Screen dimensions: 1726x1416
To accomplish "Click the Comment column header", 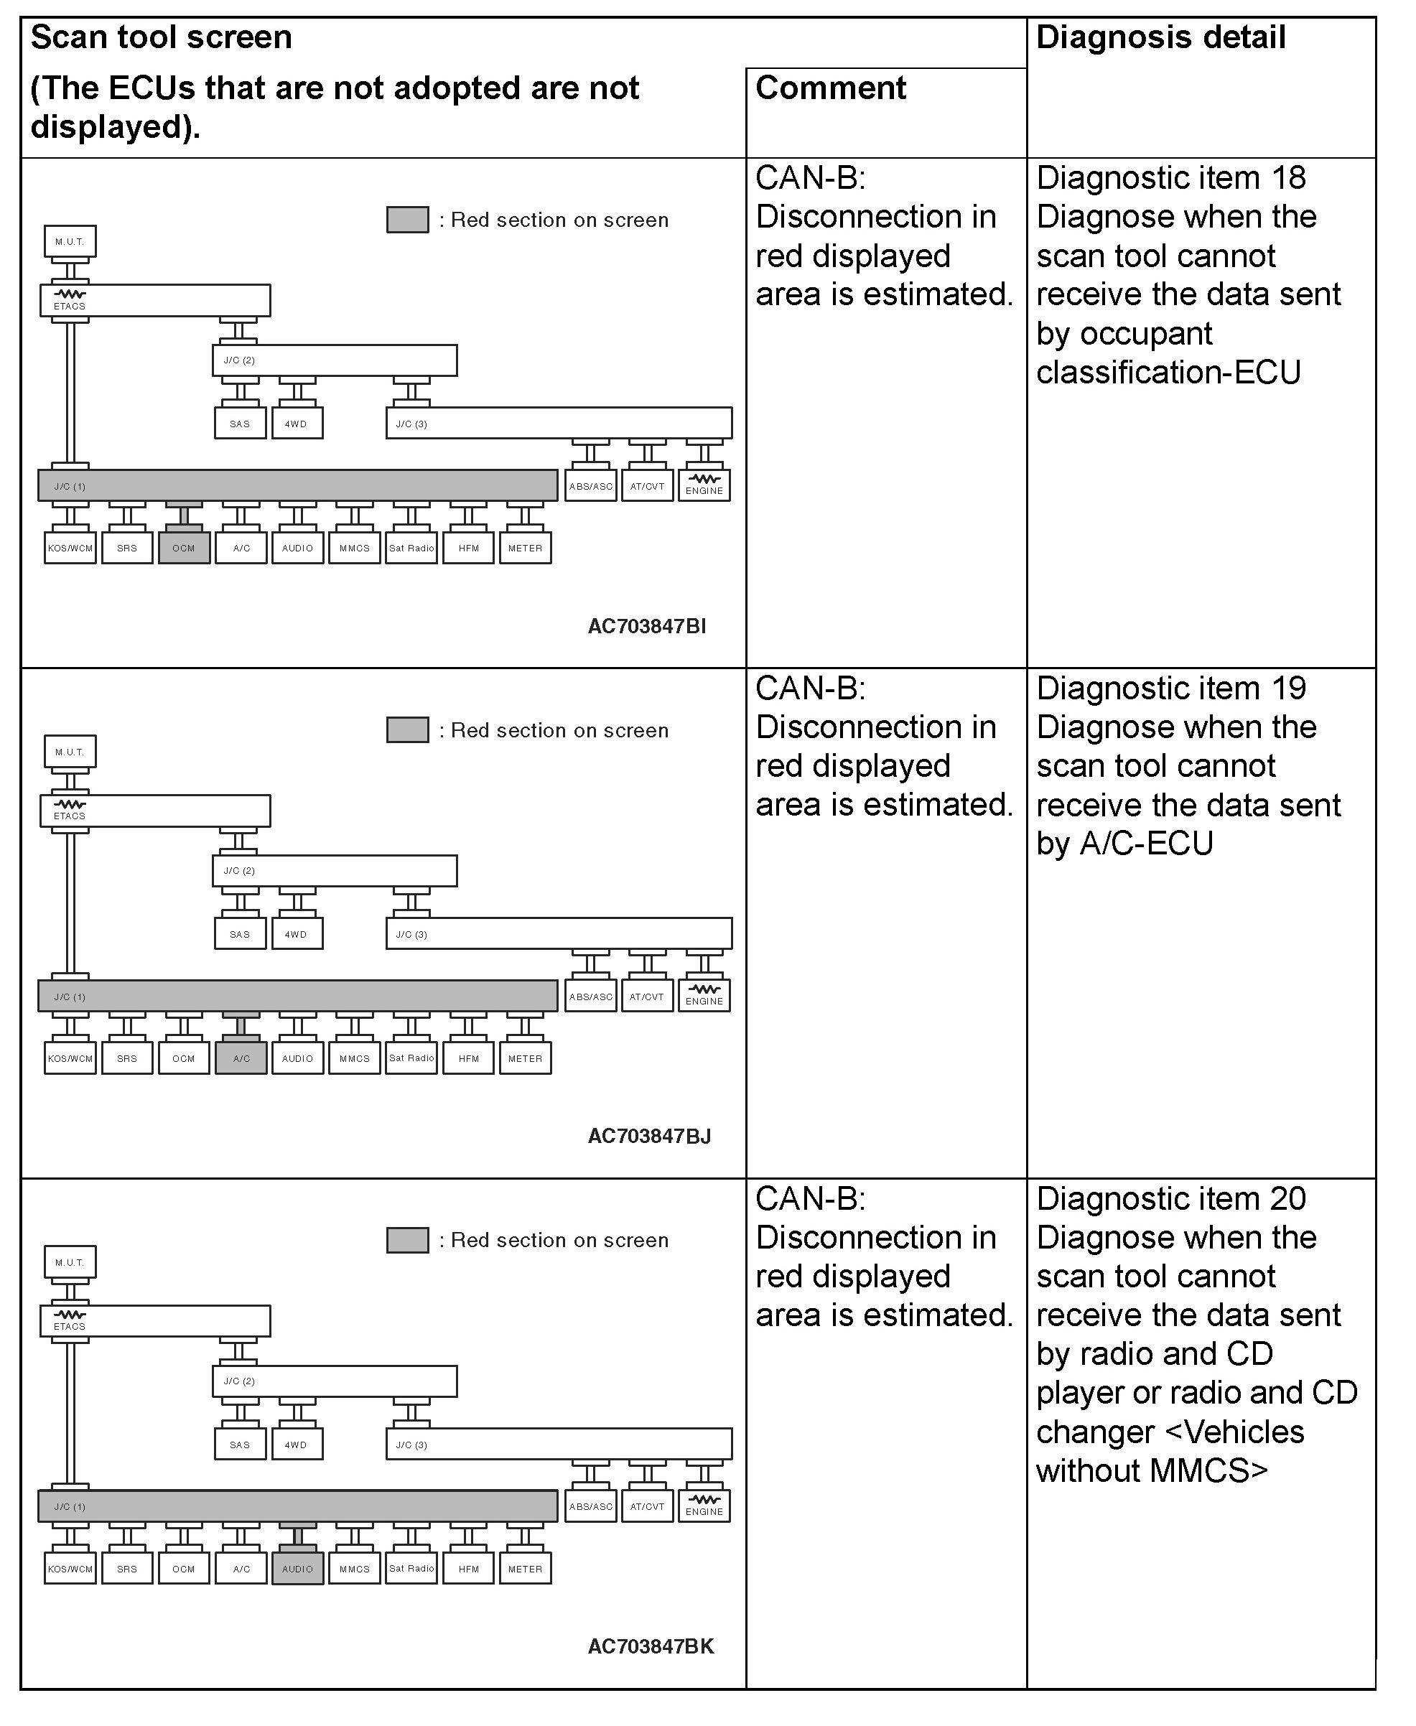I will [829, 88].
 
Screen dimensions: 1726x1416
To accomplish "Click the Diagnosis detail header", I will [1160, 37].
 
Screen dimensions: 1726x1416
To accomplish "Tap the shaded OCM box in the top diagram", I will [185, 548].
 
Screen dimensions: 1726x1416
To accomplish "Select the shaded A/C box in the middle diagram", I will [241, 1059].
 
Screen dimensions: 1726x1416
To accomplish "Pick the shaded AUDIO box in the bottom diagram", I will [298, 1569].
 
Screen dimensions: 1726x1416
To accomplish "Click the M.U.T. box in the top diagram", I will [70, 241].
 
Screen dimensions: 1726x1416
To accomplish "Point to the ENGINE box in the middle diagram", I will [704, 996].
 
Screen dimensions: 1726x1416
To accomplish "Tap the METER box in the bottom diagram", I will [526, 1569].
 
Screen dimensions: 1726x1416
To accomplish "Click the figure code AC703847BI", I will [647, 627].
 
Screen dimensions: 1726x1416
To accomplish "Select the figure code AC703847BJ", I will [649, 1137].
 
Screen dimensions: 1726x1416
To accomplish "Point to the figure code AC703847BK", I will [650, 1646].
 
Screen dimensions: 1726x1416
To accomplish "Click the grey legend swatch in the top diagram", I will [407, 220].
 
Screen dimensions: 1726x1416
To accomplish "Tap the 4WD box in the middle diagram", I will [296, 934].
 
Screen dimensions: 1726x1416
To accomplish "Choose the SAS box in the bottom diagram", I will [240, 1445].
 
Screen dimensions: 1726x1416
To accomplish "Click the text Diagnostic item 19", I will [1170, 689].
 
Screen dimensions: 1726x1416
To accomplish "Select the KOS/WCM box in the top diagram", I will [70, 548].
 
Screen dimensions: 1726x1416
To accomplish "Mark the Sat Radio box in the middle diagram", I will [411, 1059].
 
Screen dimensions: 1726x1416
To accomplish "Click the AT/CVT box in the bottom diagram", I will [647, 1506].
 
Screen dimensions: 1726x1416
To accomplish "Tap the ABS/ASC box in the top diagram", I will [590, 486].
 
